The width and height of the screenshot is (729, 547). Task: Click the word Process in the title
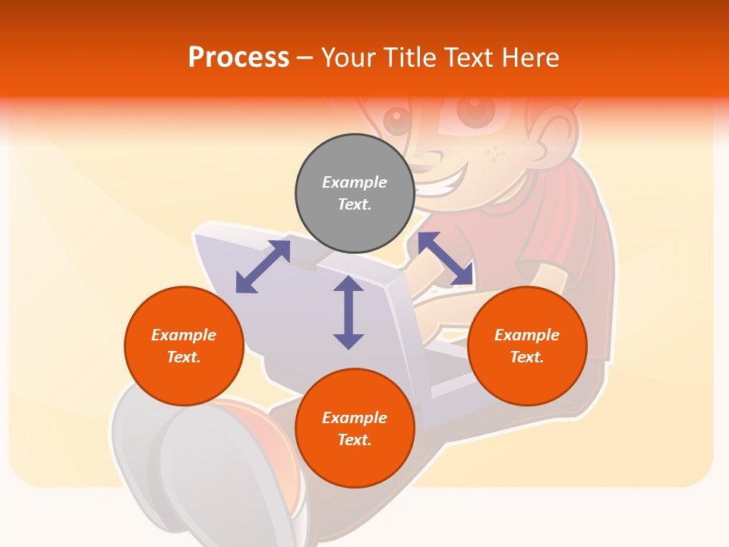point(238,58)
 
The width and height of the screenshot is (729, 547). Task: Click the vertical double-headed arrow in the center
point(349,312)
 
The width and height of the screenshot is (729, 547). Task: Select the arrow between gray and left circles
point(263,266)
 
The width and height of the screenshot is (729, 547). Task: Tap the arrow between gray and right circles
point(445,258)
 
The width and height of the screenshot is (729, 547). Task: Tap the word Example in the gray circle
point(355,182)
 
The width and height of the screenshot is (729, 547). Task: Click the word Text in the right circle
point(527,357)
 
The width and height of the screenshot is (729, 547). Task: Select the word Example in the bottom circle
point(355,418)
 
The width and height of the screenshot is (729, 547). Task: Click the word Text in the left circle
point(184,357)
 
